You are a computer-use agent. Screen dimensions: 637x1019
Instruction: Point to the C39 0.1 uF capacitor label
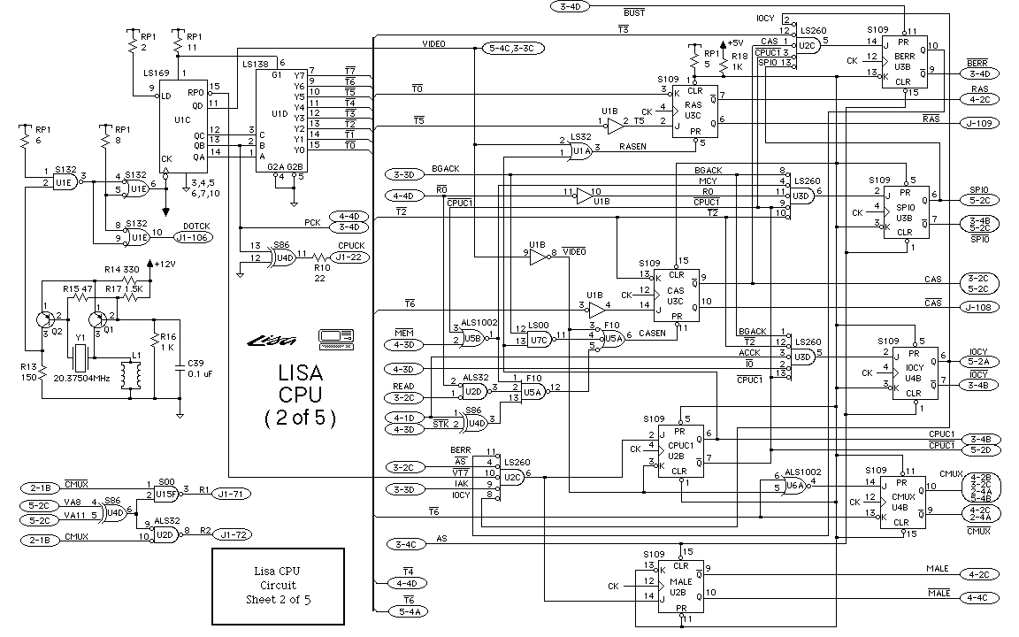click(196, 368)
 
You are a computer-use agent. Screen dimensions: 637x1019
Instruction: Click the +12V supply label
click(165, 263)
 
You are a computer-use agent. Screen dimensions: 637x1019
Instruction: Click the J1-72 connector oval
click(235, 534)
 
